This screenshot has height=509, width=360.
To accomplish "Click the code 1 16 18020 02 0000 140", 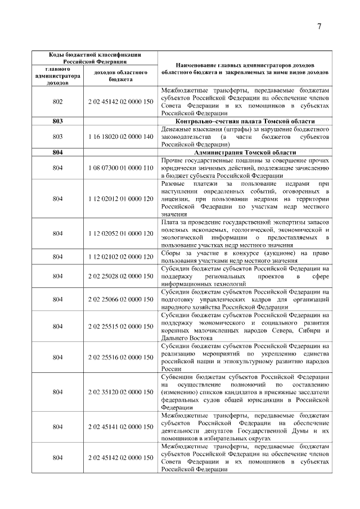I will (120, 136).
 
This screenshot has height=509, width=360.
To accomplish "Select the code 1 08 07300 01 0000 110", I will (120, 168).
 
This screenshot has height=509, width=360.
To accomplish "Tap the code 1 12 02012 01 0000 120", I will (120, 199).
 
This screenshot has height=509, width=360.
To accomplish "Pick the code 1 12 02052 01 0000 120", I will (120, 233).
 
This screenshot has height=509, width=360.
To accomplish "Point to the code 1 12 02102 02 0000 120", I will (120, 256).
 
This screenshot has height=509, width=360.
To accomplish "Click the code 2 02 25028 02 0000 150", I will (120, 276).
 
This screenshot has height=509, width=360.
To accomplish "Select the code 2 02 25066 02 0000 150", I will (120, 300).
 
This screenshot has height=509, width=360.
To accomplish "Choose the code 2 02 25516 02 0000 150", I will (120, 357).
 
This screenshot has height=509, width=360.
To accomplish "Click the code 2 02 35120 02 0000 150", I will (120, 391).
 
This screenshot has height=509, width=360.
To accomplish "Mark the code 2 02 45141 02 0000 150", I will (120, 427).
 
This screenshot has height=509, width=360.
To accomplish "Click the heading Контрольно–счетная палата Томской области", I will (244, 121).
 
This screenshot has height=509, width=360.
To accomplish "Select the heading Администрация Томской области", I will (244, 152).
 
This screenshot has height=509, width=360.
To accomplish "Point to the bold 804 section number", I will (57, 152).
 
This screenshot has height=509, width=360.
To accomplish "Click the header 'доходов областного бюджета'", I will (120, 76).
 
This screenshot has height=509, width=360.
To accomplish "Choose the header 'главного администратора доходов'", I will (57, 76).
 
